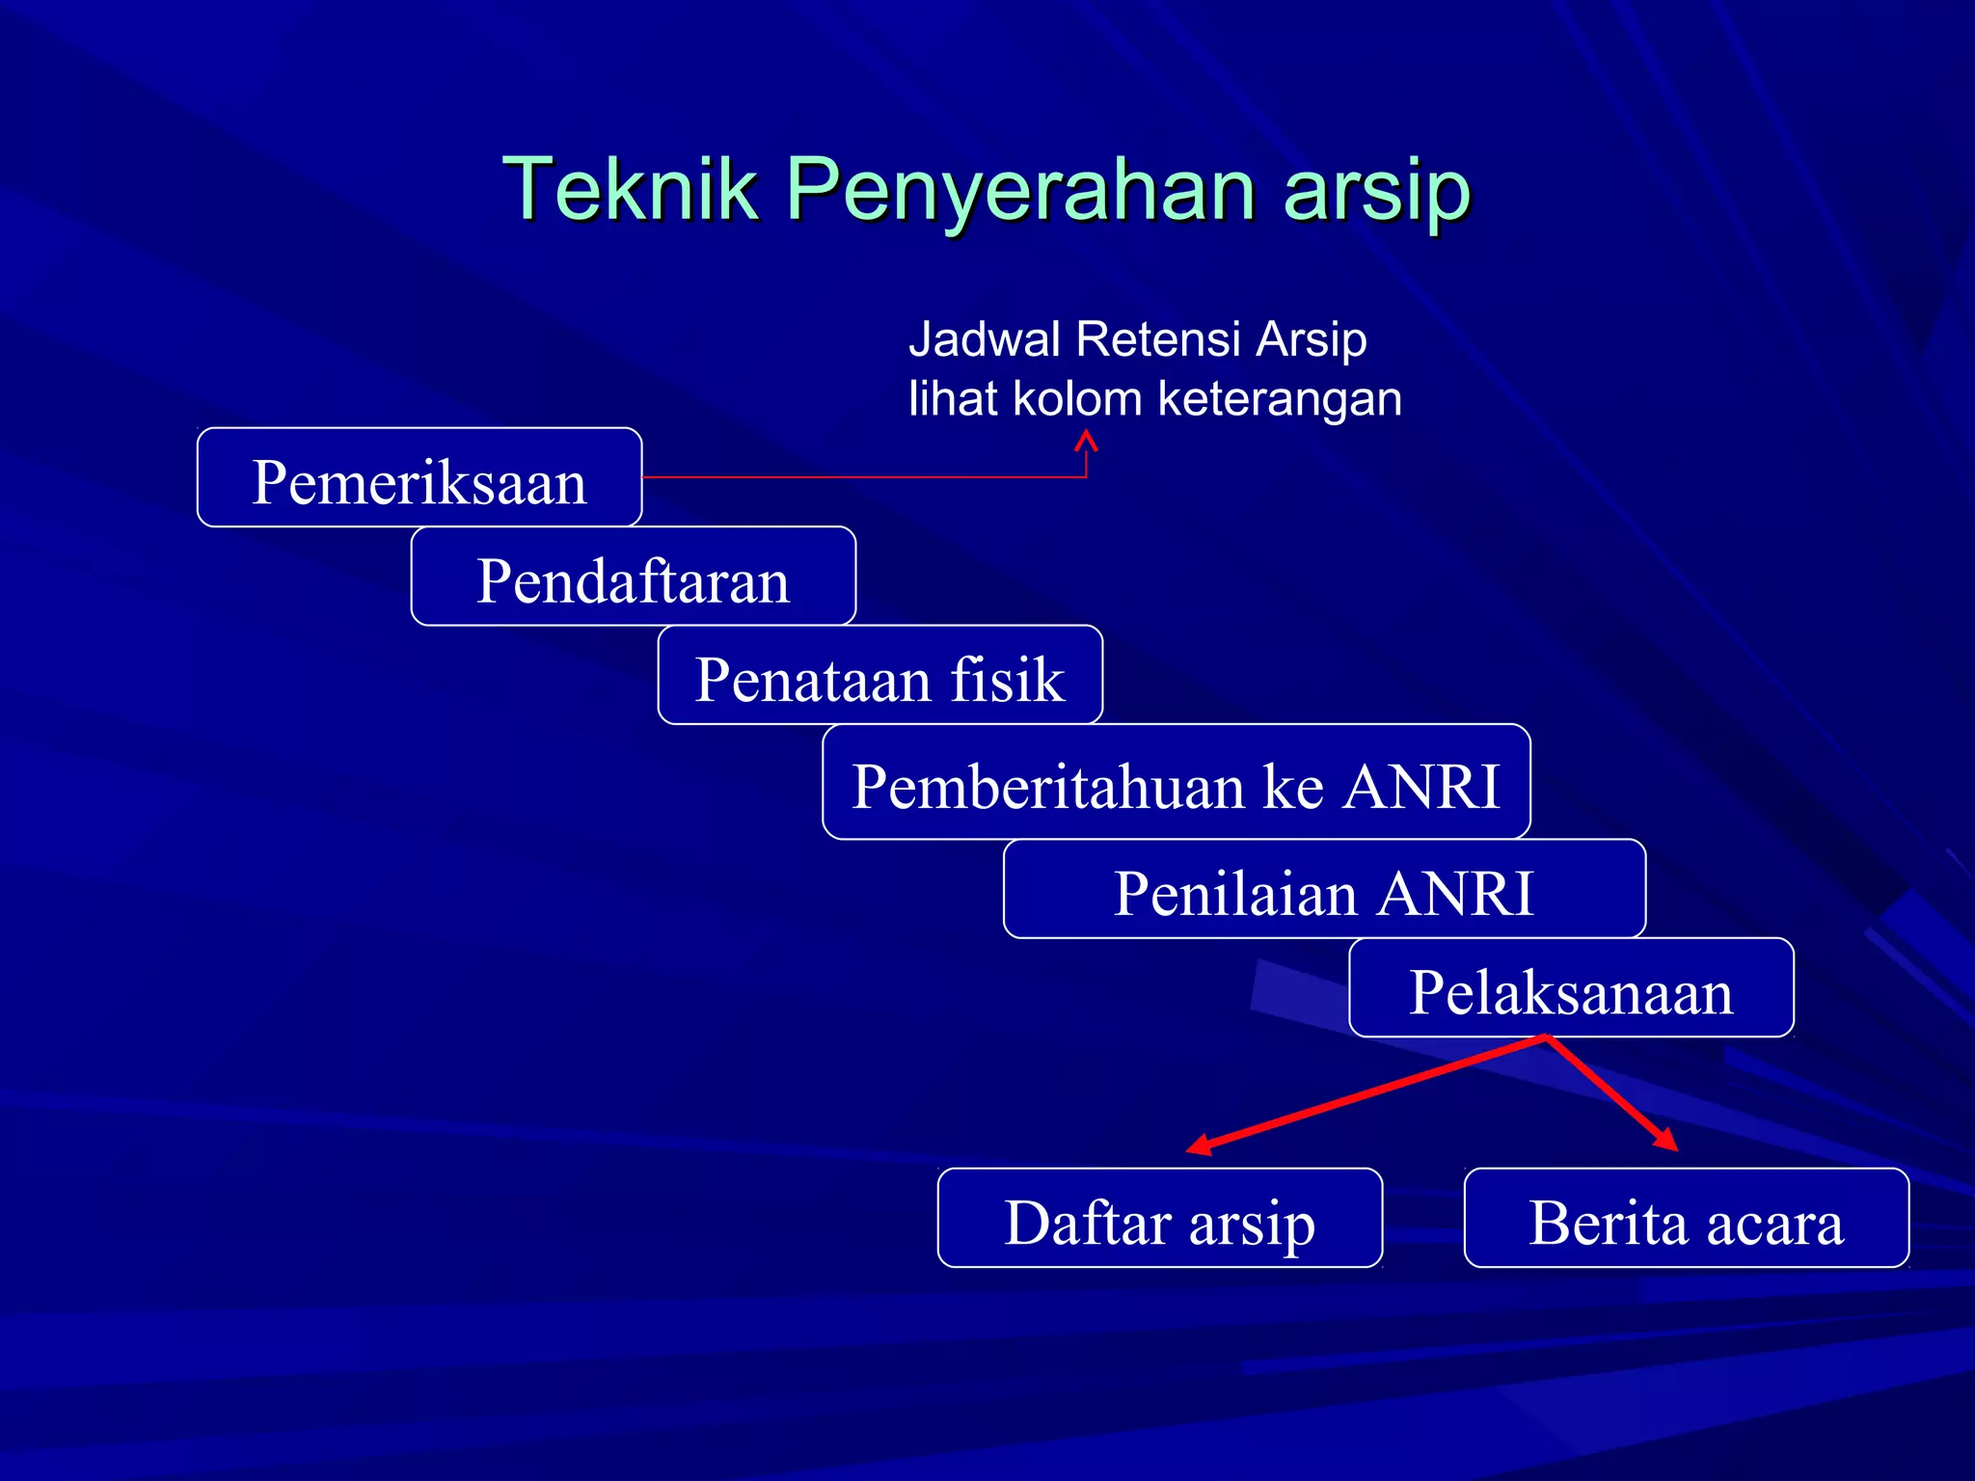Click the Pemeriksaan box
419,479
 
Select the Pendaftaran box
633,579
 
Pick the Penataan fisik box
879,677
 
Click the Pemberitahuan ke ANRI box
1176,783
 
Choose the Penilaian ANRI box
1323,891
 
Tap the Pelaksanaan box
1570,989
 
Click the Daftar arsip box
1159,1220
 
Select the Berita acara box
1686,1220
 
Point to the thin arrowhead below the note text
1087,440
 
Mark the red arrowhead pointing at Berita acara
1667,1141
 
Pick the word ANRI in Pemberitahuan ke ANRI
1421,785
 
